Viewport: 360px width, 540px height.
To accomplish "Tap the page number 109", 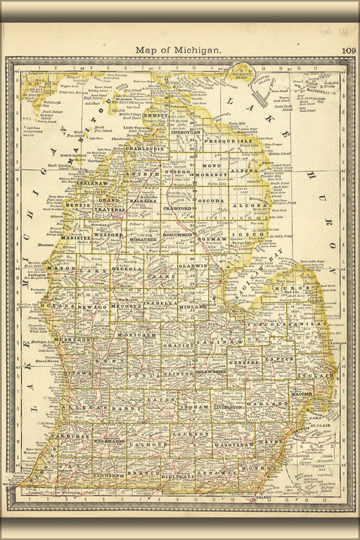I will click(x=349, y=51).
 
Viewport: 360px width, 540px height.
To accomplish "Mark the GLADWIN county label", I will click(x=193, y=266).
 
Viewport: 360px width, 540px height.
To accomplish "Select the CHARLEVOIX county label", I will click(x=144, y=149).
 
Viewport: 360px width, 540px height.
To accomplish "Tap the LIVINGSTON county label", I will click(x=229, y=406).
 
